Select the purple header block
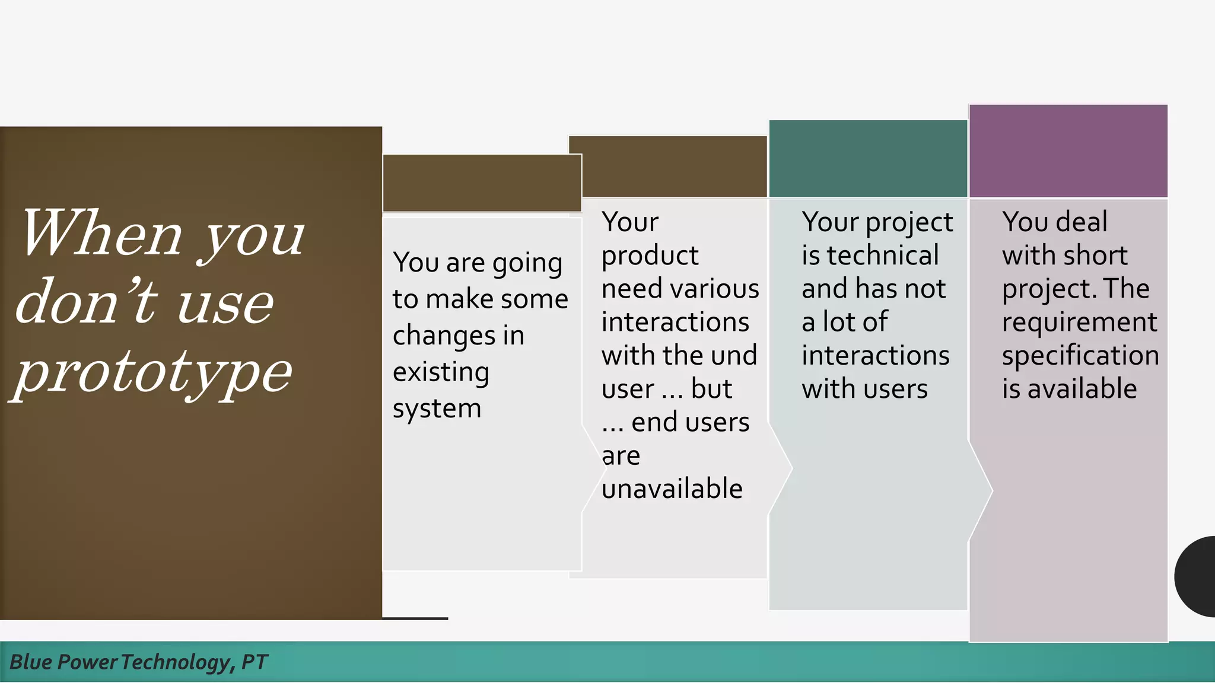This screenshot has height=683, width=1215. tap(1068, 151)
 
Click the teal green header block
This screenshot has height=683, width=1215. tap(867, 158)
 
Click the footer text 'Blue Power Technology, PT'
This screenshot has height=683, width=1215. tap(139, 662)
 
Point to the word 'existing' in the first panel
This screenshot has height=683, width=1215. tap(441, 372)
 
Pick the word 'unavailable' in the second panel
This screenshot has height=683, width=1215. tap(672, 489)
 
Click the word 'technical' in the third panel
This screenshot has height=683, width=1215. tap(883, 256)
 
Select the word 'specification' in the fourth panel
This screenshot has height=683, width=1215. tap(1080, 356)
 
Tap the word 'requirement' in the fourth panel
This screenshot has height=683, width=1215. tap(1079, 322)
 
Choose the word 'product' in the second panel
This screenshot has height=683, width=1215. tap(650, 256)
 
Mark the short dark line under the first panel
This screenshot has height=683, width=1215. tap(415, 618)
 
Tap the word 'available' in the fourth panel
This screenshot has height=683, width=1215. tap(1082, 389)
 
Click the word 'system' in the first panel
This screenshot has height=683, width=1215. tap(437, 408)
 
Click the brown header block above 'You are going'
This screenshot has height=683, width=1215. tap(482, 183)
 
